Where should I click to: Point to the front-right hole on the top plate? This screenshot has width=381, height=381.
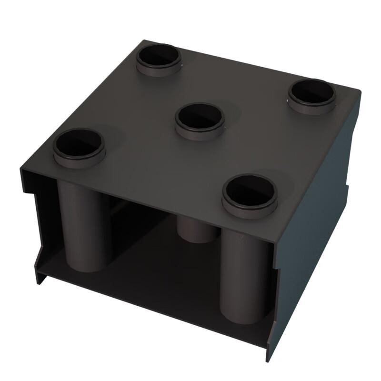[250, 190]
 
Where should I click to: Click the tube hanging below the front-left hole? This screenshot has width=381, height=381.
[85, 224]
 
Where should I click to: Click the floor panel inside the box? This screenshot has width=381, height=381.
[157, 267]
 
